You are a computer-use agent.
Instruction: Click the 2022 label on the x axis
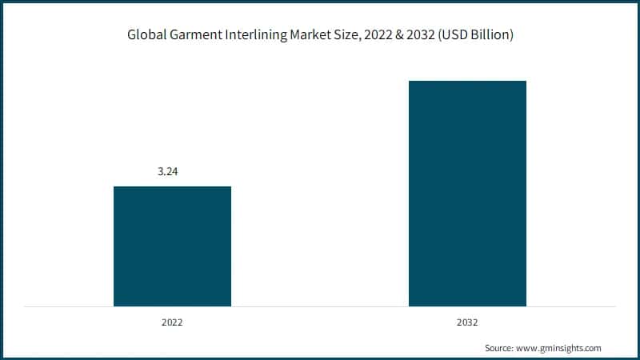[x=172, y=322]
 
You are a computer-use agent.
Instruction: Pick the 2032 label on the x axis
[x=467, y=322]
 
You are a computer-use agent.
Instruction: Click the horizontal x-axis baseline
[x=320, y=306]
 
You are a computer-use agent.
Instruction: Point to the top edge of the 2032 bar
[x=467, y=81]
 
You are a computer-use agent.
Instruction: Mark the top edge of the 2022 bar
[x=172, y=187]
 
